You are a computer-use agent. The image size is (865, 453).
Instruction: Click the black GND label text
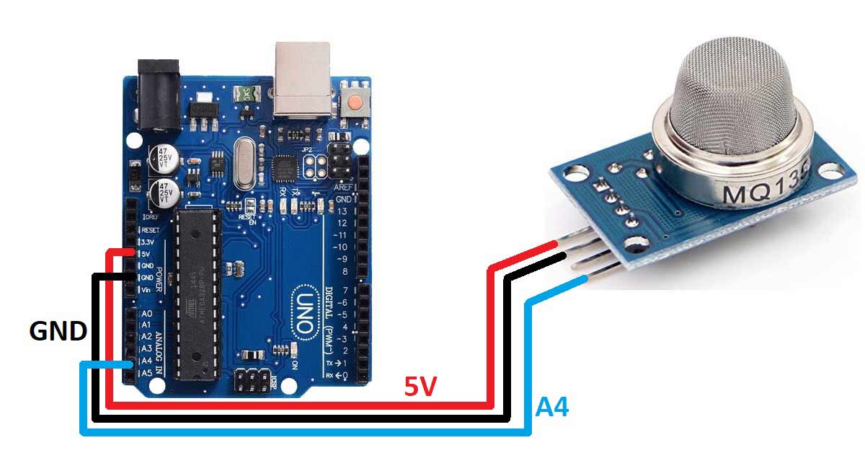(58, 331)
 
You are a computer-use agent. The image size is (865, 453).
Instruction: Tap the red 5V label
(420, 387)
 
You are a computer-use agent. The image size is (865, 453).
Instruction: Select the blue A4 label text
(552, 408)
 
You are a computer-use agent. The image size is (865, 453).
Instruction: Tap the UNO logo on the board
(303, 313)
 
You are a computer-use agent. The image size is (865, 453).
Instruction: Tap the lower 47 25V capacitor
(164, 193)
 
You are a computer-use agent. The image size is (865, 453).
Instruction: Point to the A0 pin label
(146, 315)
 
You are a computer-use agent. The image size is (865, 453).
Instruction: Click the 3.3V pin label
(147, 242)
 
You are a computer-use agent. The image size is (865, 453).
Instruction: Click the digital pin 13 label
(342, 211)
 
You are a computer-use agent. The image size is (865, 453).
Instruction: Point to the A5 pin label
(146, 372)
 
